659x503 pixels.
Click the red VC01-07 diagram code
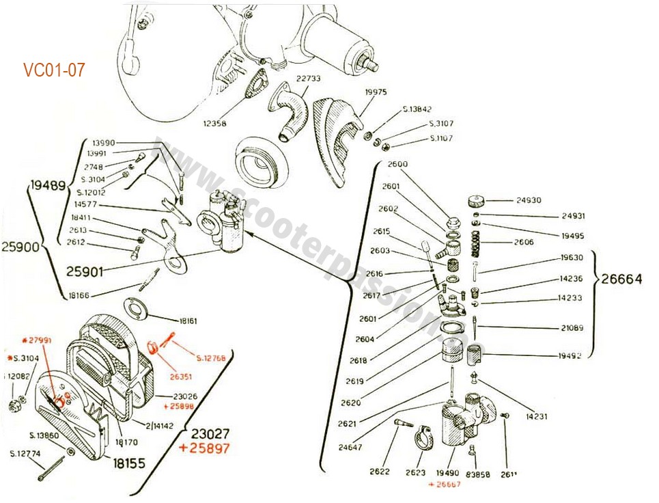(54, 70)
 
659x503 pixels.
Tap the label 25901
(85, 271)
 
